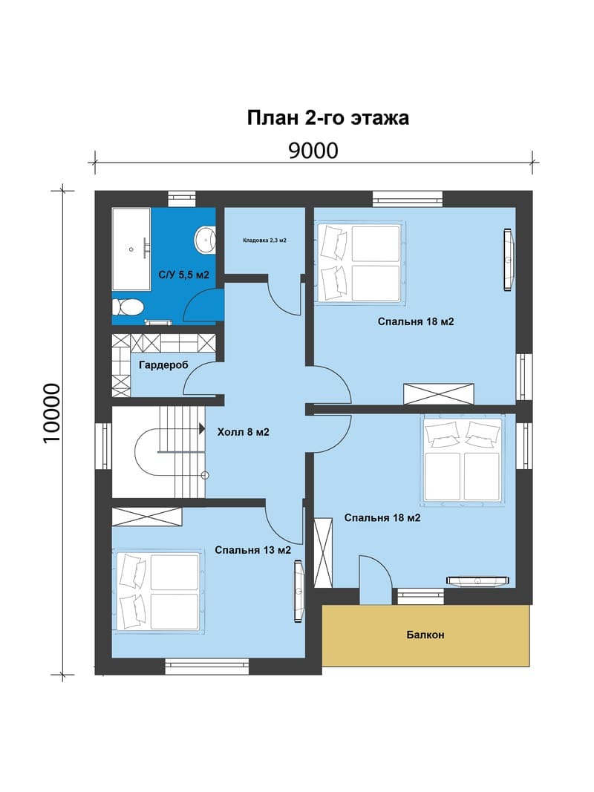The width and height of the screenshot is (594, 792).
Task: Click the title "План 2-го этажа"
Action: pos(327,118)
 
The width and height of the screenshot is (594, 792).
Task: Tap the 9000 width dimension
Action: pos(313,151)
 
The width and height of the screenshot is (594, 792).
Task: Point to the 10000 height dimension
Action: pos(52,413)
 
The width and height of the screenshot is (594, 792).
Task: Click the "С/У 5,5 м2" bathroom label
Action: pos(184,275)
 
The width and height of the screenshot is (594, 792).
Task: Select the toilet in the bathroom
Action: pos(128,307)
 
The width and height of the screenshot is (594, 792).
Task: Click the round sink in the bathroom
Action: pos(206,240)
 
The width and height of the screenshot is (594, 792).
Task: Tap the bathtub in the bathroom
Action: pos(131,249)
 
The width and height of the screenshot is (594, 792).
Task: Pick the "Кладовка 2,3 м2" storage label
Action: pos(264,240)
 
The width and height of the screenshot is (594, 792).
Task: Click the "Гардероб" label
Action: pos(163,364)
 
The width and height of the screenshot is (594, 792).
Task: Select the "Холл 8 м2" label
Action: pos(243,432)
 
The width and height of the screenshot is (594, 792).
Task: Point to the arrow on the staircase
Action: pos(202,429)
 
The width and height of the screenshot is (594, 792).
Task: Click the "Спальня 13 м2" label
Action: pos(253,550)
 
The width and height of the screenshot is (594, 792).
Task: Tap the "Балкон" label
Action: pos(425,635)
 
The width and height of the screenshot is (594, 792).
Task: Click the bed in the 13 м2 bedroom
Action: pos(159,591)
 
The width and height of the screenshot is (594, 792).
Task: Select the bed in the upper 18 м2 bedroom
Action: pos(359,263)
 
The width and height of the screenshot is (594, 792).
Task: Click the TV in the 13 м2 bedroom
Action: pos(299,591)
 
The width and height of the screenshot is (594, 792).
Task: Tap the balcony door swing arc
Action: pos(382,566)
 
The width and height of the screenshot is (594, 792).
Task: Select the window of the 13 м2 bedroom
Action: pos(207,667)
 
